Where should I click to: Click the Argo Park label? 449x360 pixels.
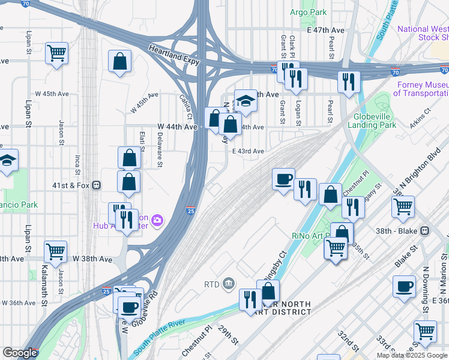click(308, 12)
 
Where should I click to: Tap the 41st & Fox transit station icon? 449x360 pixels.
click(95, 185)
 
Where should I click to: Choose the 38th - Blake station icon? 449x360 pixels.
click(425, 230)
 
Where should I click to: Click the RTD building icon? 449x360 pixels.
click(229, 283)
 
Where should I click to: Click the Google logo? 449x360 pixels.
click(20, 353)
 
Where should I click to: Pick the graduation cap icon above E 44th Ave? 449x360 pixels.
click(245, 100)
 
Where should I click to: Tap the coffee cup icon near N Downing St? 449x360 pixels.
click(404, 286)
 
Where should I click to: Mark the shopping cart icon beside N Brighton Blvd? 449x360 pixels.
click(402, 206)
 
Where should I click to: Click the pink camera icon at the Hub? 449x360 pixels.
click(157, 221)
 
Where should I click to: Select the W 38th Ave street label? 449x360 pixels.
click(93, 259)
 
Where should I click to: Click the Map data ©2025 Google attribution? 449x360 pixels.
click(412, 355)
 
